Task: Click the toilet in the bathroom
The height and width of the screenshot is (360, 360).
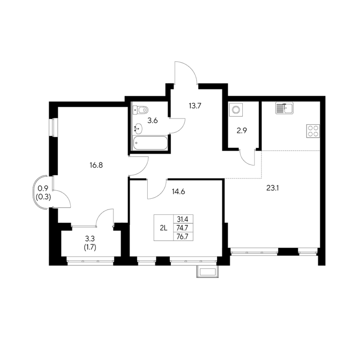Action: [141, 110]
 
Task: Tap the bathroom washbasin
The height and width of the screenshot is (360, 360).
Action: [138, 128]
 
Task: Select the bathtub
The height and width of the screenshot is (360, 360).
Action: [150, 143]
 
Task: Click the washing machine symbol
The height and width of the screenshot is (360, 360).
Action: [236, 110]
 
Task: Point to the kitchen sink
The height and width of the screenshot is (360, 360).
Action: [285, 108]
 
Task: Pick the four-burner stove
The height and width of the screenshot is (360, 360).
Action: [313, 131]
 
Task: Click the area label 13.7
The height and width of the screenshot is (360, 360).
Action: [195, 106]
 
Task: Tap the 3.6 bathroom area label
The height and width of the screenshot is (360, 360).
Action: [152, 120]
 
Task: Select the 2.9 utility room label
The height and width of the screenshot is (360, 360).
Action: [242, 131]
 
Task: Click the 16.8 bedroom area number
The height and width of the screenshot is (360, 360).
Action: [96, 165]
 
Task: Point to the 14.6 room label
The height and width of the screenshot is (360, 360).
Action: [179, 191]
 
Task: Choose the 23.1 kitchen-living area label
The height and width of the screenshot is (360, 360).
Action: [272, 188]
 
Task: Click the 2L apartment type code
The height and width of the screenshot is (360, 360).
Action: [163, 228]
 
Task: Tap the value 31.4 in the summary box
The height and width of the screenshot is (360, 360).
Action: [182, 219]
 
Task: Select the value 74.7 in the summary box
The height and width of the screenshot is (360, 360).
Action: [182, 228]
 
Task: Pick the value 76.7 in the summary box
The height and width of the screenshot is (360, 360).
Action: [182, 236]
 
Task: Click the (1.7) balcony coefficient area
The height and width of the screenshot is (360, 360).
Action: [90, 247]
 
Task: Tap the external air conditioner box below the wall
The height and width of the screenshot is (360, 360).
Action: [208, 271]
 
